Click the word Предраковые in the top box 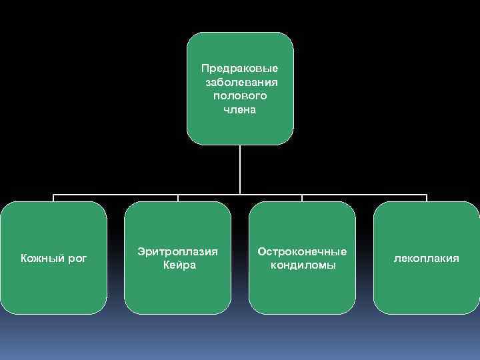(240, 69)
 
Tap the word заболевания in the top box (241, 83)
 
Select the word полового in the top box (240, 96)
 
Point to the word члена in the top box (240, 109)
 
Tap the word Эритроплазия (177, 251)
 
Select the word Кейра (179, 265)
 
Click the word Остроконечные (302, 251)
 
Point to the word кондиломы (303, 265)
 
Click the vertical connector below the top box (240, 169)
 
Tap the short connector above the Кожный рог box (53, 198)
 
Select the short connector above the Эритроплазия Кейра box (178, 198)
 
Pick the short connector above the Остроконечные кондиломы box (302, 198)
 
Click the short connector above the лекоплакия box (427, 198)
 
